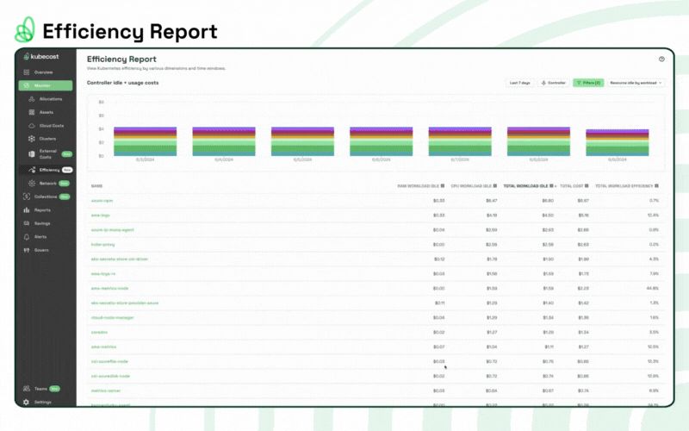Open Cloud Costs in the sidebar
click(x=51, y=126)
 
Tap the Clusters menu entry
click(x=48, y=139)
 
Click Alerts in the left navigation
click(x=40, y=236)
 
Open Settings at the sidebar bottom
click(x=42, y=402)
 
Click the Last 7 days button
click(x=519, y=83)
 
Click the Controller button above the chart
click(x=554, y=83)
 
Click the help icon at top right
click(x=661, y=59)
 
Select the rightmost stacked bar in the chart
click(x=618, y=143)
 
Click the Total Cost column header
click(x=573, y=185)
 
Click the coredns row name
click(x=99, y=332)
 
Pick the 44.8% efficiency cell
click(x=653, y=288)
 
